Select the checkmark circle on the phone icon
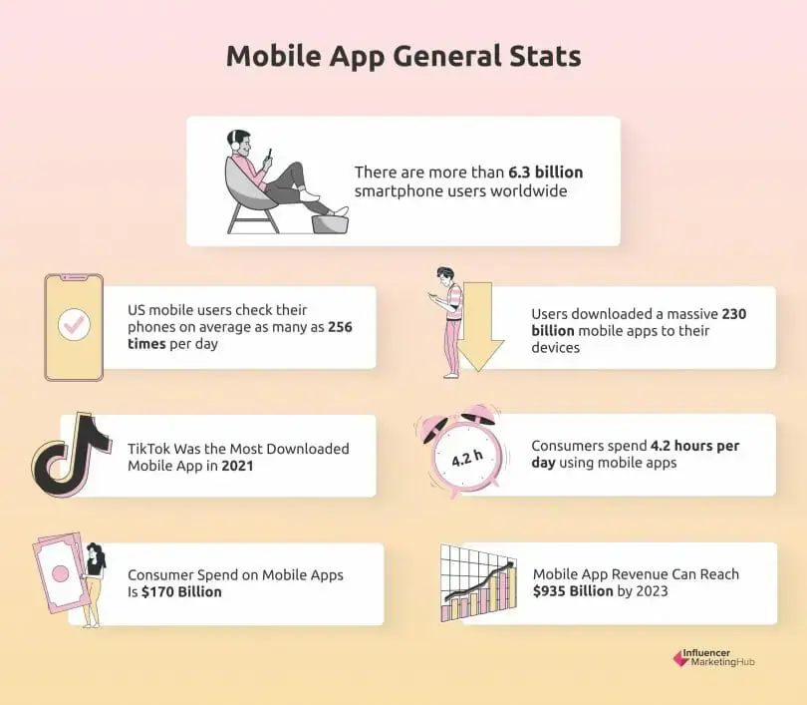(74, 324)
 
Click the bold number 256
(337, 327)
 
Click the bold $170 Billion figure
(174, 591)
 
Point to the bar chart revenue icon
(479, 582)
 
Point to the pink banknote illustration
(59, 575)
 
